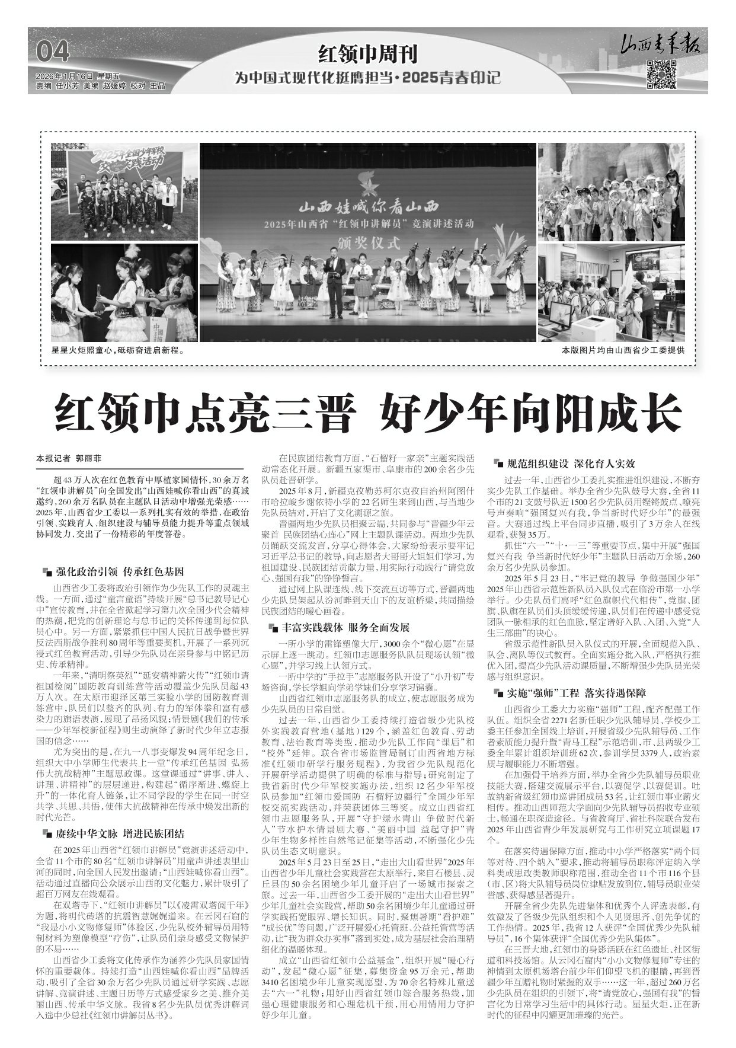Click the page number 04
pos(53,53)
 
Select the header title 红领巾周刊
pos(367,55)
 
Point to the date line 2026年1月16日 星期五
pos(78,76)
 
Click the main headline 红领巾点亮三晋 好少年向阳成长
pos(367,410)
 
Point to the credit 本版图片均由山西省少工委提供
pos(623,350)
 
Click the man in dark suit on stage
pos(337,272)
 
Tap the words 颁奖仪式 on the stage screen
pos(367,241)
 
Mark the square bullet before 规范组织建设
pos(498,464)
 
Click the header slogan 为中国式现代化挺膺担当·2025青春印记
pos(367,78)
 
